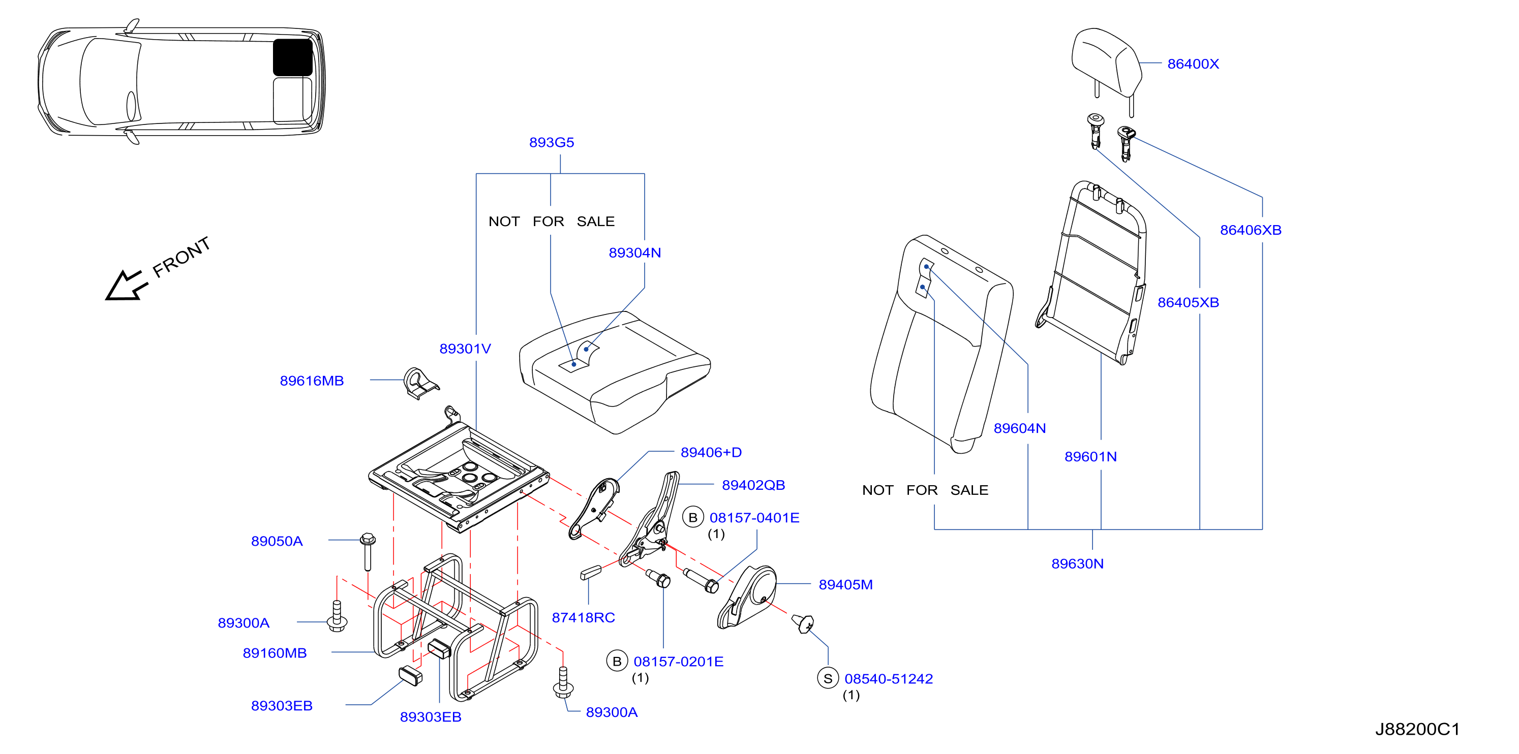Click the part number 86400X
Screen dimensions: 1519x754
(1193, 64)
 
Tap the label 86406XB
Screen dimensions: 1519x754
(1251, 230)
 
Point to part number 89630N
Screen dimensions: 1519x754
(1077, 563)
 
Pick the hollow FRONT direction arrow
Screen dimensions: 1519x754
(126, 286)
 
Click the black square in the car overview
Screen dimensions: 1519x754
(292, 57)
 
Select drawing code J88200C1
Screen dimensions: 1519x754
(1417, 729)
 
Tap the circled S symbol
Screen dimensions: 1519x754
(828, 678)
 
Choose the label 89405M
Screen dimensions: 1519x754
(845, 585)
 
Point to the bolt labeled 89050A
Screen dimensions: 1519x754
(368, 552)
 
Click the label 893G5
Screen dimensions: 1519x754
(552, 143)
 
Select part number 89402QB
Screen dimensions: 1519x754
(753, 485)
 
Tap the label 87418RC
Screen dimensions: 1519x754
(583, 618)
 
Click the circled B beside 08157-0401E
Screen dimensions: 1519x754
(693, 518)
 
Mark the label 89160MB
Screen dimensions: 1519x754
(275, 653)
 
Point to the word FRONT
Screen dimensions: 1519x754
(181, 257)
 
